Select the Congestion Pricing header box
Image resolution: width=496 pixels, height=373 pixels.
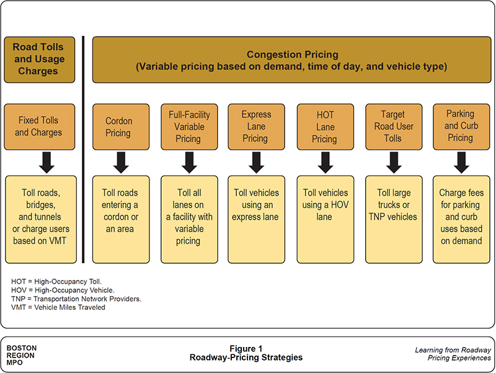click(x=291, y=60)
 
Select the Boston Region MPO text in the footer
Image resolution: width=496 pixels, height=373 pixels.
click(x=20, y=355)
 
